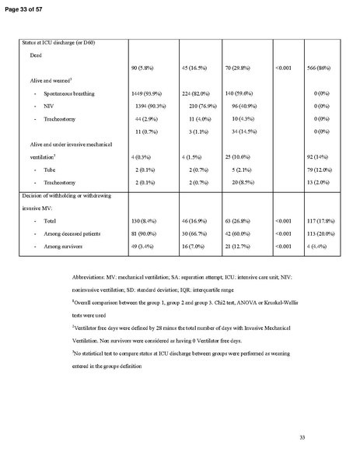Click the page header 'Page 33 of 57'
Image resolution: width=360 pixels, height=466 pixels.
25,5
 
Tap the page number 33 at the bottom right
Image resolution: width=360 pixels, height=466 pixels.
302,440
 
